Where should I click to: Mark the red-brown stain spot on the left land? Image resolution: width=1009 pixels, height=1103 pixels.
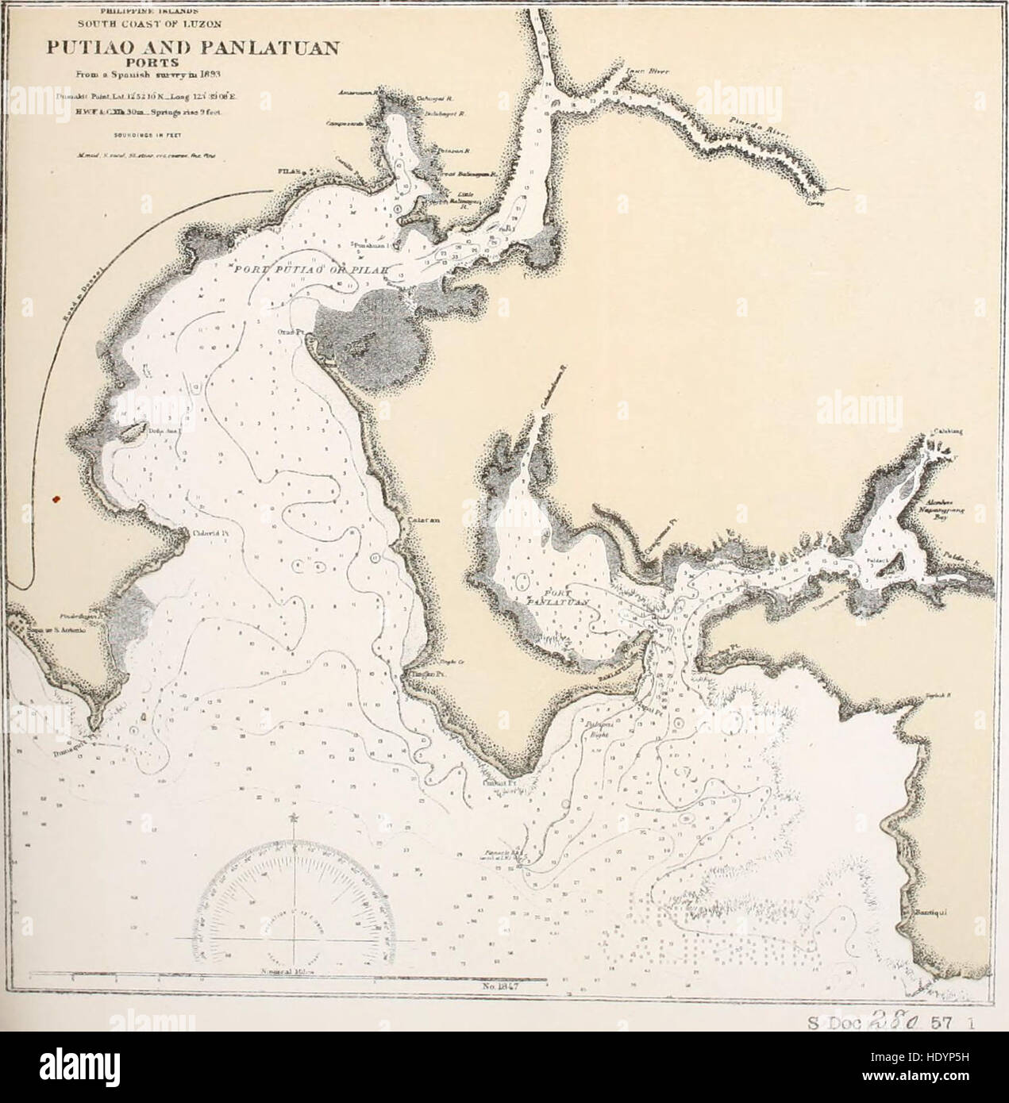click(56, 498)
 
